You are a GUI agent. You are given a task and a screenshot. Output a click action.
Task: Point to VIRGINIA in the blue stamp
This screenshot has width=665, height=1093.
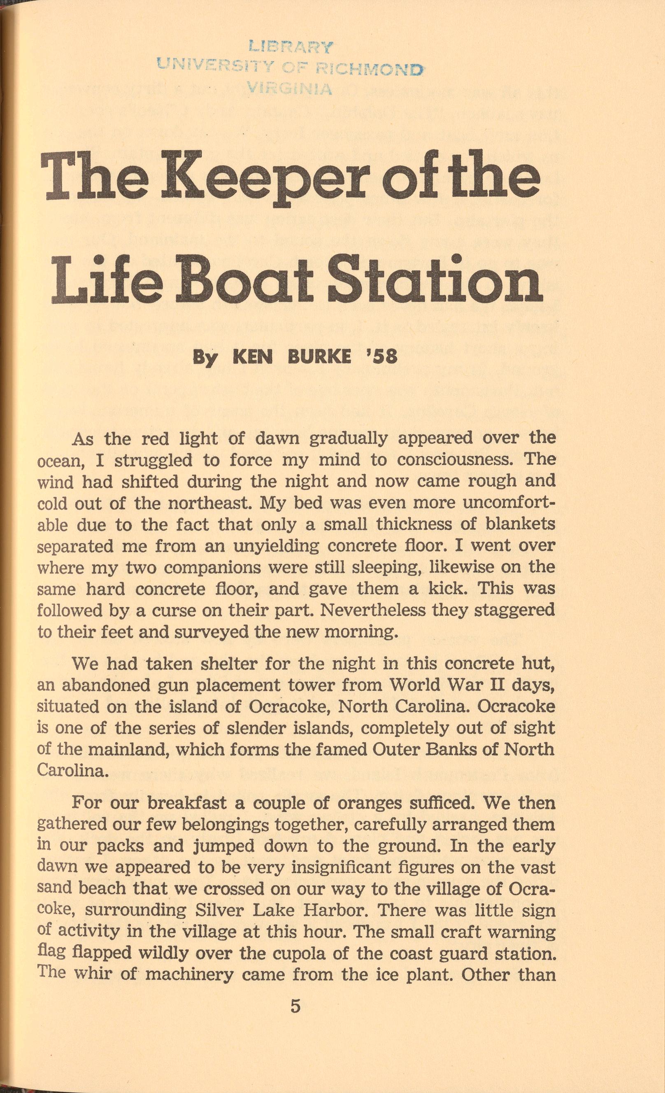tap(291, 89)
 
